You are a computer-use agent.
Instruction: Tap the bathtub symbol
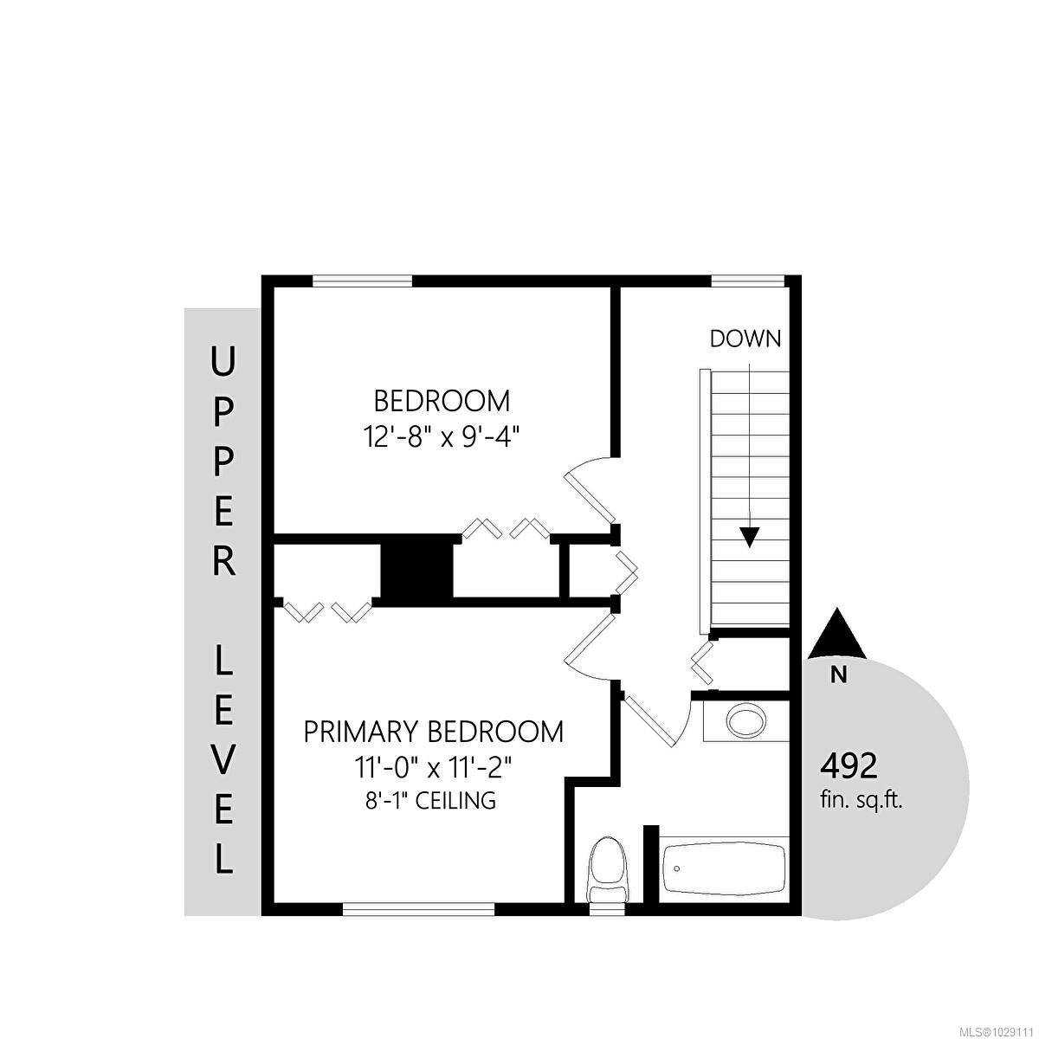pos(724,868)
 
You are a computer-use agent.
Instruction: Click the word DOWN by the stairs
pos(745,339)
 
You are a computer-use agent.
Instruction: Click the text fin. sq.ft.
pos(861,800)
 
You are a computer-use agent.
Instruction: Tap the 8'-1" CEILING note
pos(430,801)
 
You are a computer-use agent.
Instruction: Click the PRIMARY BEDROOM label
pos(434,732)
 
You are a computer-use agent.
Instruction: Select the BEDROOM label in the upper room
pos(442,402)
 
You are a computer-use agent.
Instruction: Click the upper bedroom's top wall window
pos(362,281)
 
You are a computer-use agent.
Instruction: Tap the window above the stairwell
pos(746,281)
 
